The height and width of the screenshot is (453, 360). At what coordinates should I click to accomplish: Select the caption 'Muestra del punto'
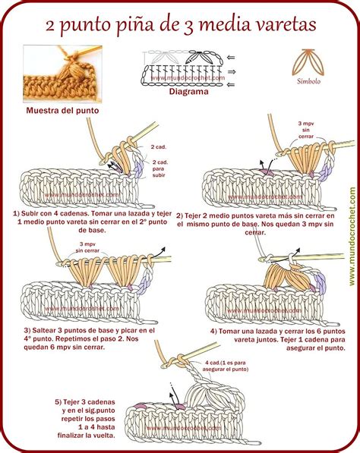point(62,110)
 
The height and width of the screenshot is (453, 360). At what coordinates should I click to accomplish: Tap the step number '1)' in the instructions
point(16,215)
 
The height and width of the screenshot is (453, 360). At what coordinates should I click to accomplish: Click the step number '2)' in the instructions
point(180,215)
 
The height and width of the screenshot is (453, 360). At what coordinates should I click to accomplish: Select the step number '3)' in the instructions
point(27,331)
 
